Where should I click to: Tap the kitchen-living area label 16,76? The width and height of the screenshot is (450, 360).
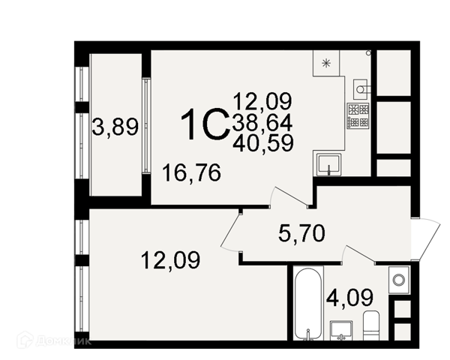(191, 172)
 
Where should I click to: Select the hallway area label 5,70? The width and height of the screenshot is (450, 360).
(301, 233)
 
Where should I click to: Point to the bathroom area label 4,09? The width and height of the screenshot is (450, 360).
(349, 298)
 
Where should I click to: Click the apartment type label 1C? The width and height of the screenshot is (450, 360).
(205, 124)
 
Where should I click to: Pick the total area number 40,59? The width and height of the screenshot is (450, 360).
(263, 142)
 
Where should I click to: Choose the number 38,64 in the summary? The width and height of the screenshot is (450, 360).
(262, 122)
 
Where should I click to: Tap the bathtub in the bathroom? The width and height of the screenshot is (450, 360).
(308, 304)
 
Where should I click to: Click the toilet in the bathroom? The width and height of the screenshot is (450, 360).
(371, 325)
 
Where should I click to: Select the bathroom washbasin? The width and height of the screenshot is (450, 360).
(341, 331)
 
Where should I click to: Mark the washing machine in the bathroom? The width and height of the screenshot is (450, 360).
(399, 279)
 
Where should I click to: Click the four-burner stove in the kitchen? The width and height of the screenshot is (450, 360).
(358, 116)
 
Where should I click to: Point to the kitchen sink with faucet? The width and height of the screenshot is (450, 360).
(329, 164)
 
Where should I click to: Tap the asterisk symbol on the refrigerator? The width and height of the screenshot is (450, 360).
(326, 63)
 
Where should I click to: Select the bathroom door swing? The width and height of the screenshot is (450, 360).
(360, 253)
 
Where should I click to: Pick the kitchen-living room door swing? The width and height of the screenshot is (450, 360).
(289, 196)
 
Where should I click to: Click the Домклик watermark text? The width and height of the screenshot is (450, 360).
(63, 340)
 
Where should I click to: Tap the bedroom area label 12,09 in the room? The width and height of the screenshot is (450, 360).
(170, 260)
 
